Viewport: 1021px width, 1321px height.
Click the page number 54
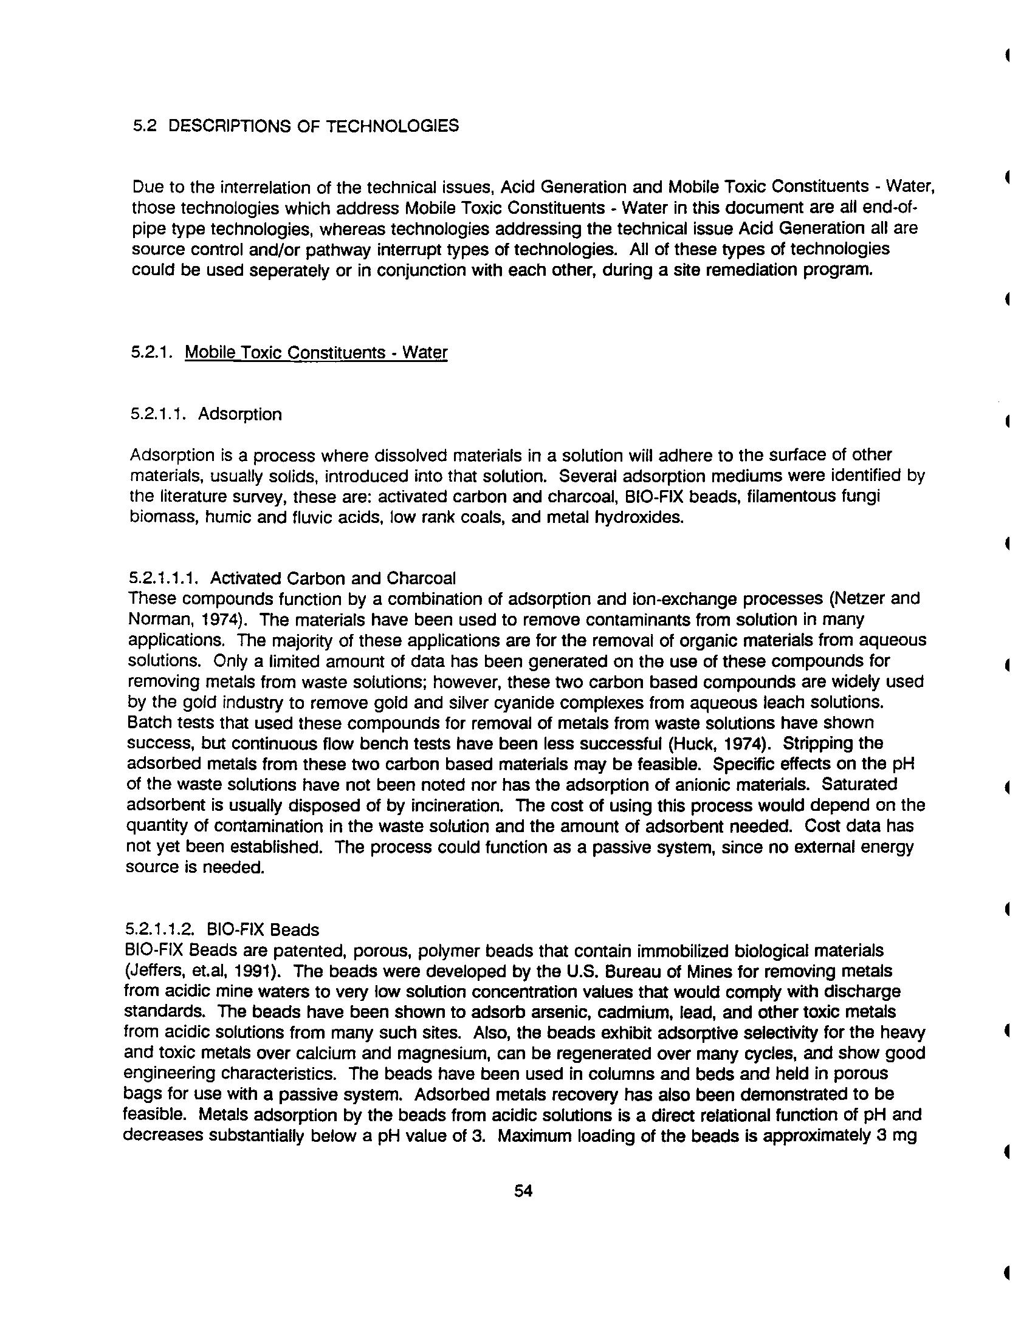523,1191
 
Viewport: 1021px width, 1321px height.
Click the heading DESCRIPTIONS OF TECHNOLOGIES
314,126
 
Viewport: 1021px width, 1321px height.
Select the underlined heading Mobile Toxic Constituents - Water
316,353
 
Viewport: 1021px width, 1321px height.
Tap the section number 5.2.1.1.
159,414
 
